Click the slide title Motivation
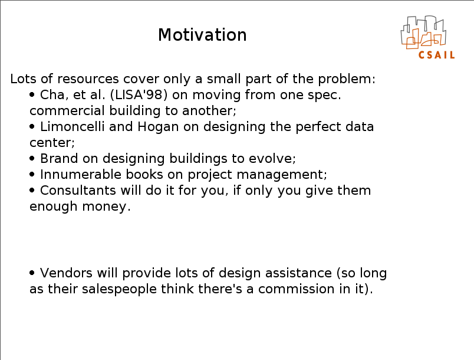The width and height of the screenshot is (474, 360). (x=202, y=35)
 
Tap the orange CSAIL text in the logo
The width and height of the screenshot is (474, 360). (x=436, y=55)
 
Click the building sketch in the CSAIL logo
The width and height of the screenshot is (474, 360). (x=423, y=32)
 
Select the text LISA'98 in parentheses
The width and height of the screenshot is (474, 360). (x=139, y=94)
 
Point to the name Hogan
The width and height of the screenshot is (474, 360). (x=158, y=127)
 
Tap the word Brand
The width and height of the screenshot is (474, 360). (x=59, y=158)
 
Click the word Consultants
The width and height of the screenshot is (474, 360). (x=78, y=190)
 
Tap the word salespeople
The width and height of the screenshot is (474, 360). (x=119, y=289)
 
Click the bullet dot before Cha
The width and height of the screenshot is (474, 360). (x=32, y=94)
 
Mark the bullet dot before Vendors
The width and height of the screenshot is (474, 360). (x=32, y=273)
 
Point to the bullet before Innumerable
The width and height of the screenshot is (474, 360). (x=32, y=174)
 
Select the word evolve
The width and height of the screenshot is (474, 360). (x=271, y=158)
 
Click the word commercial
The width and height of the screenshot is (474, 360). (x=67, y=111)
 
